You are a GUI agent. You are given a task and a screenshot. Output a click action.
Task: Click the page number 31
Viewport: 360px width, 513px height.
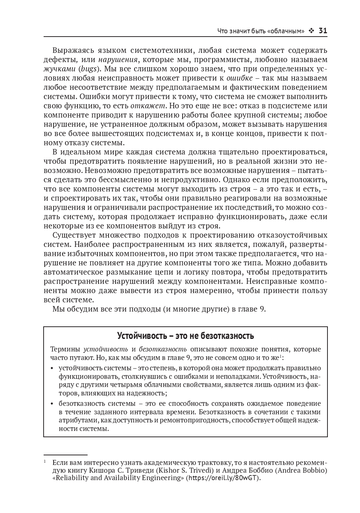[323, 31]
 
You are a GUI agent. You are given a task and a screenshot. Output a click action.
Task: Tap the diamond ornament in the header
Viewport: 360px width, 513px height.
[311, 31]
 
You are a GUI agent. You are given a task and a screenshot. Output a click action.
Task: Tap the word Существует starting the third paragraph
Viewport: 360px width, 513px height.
[74, 235]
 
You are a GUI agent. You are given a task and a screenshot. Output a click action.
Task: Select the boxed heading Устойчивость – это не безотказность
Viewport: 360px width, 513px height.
[185, 336]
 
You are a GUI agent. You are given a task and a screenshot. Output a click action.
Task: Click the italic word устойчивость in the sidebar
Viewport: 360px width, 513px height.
[106, 349]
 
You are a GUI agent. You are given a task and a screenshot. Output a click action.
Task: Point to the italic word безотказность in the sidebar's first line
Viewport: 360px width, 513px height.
[163, 349]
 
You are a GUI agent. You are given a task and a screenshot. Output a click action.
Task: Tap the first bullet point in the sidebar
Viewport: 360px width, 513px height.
[51, 368]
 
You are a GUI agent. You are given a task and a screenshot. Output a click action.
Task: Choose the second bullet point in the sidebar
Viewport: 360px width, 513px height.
[51, 404]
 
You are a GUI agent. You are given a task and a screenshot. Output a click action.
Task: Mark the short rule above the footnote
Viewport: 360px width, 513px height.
[65, 455]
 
